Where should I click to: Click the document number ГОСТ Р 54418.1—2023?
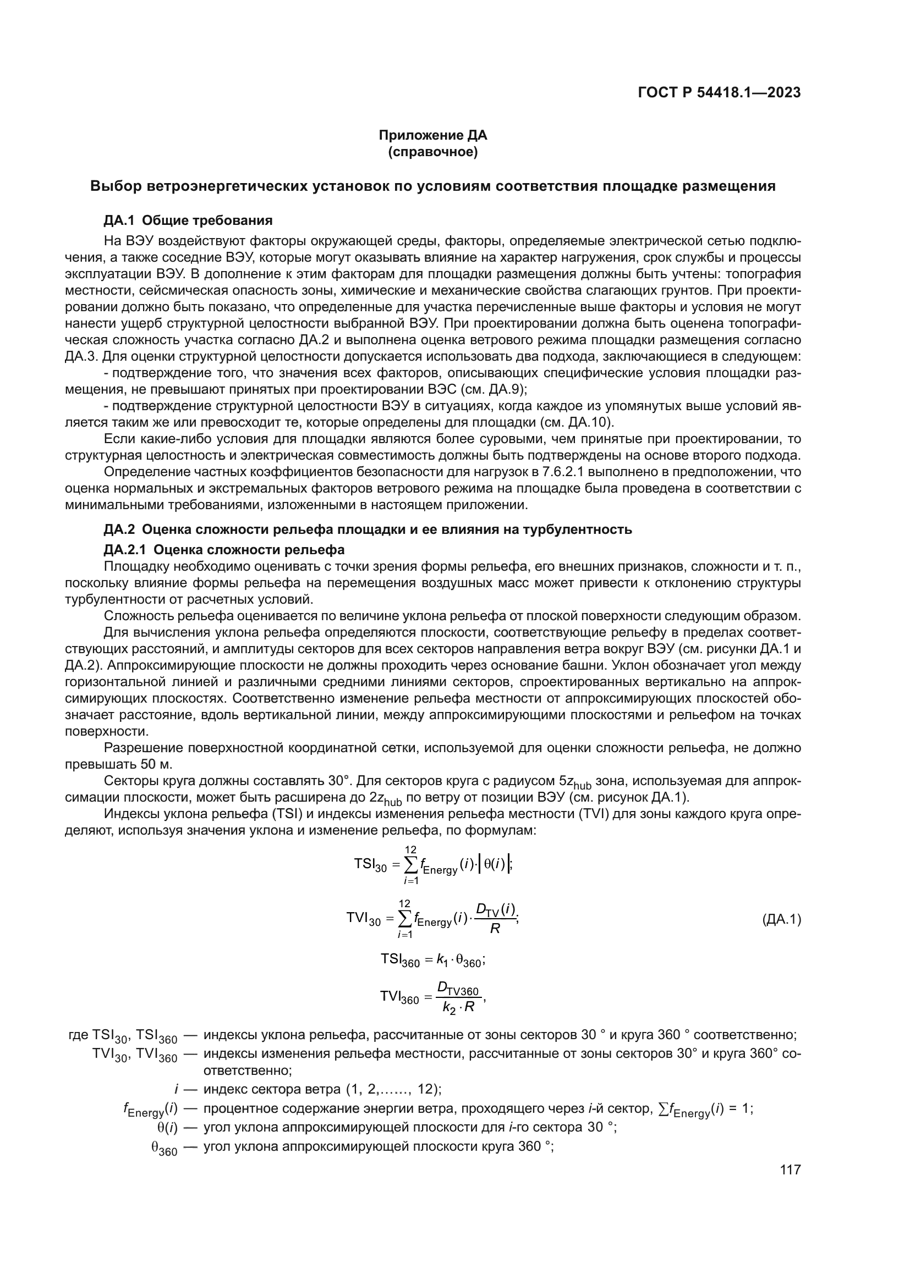[x=719, y=93]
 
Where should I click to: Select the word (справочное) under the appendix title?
[x=432, y=152]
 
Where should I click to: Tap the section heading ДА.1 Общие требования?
[x=188, y=220]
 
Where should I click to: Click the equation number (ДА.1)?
[x=782, y=919]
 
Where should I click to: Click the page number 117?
[x=790, y=1170]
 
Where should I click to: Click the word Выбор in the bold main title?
[x=116, y=186]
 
